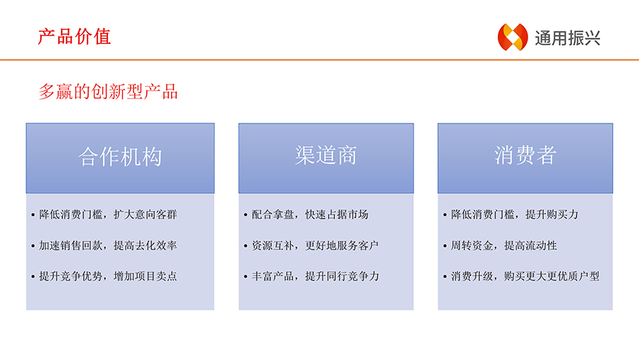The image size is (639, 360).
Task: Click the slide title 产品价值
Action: [74, 37]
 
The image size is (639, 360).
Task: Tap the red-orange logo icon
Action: [513, 37]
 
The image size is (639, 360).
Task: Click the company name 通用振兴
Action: [567, 38]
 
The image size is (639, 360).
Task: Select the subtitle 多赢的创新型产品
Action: [108, 92]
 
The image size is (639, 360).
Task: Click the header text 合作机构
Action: [120, 156]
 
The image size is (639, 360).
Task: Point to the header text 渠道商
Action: [326, 155]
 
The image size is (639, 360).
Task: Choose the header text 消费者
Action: [525, 155]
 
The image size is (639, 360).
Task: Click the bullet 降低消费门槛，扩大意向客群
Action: [108, 214]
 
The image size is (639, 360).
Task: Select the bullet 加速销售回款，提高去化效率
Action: [108, 246]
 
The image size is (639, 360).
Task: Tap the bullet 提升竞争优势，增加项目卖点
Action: [108, 276]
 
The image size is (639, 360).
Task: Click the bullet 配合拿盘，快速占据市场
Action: [310, 214]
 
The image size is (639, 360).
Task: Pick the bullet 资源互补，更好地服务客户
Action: [315, 246]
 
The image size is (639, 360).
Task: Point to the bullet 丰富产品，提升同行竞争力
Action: [315, 276]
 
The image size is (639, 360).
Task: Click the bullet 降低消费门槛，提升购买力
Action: [515, 214]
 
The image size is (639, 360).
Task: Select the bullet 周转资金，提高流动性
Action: [503, 246]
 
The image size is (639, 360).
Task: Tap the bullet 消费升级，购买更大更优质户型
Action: [525, 276]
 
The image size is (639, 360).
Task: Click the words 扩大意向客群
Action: [145, 214]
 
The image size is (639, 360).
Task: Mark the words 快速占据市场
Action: [337, 214]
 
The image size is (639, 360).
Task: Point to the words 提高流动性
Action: [530, 246]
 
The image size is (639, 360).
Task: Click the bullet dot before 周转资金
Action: [445, 246]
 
